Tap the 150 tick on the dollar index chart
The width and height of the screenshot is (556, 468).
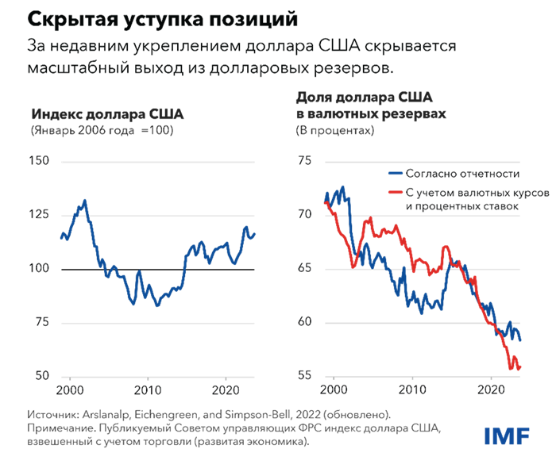pyautogui.click(x=40, y=161)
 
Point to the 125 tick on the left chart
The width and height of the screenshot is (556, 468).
pyautogui.click(x=40, y=215)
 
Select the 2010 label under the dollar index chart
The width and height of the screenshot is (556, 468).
pyautogui.click(x=147, y=390)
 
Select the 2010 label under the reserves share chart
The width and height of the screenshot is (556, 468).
pyautogui.click(x=412, y=390)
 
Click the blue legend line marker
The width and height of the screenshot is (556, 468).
pyautogui.click(x=394, y=173)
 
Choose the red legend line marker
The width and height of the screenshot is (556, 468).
pyautogui.click(x=394, y=193)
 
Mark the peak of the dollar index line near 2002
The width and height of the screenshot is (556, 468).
pyautogui.click(x=85, y=201)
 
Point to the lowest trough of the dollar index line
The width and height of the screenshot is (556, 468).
pyautogui.click(x=157, y=305)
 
